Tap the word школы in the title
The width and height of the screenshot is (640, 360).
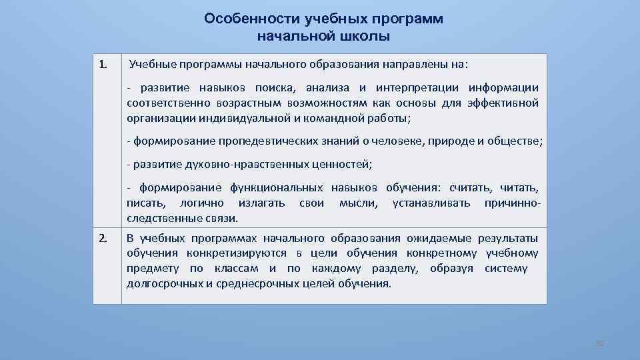point(365,36)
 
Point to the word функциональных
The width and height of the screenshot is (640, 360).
point(277,188)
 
